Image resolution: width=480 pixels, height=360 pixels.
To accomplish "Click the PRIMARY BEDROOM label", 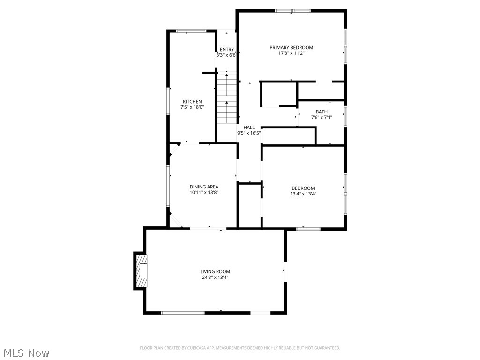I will point(291,47).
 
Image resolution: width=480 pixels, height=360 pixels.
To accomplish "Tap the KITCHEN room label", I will point(192,102).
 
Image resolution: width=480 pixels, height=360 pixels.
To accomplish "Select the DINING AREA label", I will point(204,187).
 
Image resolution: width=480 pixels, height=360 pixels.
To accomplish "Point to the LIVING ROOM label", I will point(215,271).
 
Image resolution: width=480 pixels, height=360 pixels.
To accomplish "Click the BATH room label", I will point(322,112).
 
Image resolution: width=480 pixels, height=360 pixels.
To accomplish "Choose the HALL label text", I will point(249,127).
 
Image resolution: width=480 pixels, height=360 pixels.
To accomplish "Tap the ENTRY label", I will point(226,50).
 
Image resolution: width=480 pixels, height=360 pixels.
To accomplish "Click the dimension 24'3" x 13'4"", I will point(215,277).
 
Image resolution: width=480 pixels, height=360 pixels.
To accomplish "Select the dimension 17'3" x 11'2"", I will point(291,53).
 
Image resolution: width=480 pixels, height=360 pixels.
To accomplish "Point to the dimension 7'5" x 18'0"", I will point(192,107).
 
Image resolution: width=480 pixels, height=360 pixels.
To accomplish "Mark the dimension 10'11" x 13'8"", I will point(204,192).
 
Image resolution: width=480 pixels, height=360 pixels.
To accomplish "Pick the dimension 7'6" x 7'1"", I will point(322,117).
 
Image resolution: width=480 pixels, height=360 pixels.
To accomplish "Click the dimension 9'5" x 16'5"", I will point(249,133).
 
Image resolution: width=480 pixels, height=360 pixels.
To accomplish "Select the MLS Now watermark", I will point(26,352).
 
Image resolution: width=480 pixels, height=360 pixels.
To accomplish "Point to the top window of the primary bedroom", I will point(292,10).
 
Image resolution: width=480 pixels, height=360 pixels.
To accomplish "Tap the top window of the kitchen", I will point(191,31).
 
